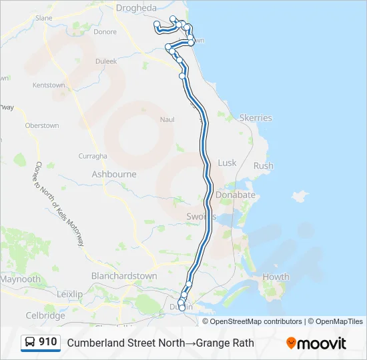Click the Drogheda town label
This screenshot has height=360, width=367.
[136, 8]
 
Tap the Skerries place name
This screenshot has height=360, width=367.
[256, 118]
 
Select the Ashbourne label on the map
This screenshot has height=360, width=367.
[113, 174]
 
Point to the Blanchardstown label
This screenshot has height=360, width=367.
[124, 276]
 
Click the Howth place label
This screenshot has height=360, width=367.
[276, 277]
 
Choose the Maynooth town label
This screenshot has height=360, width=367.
[20, 279]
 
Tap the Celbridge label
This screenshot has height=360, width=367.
[45, 315]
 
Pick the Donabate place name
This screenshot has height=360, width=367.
[235, 195]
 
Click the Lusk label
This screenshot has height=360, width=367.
[227, 163]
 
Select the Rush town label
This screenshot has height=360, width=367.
[264, 166]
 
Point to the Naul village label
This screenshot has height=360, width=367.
[167, 119]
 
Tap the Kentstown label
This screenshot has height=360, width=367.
[49, 85]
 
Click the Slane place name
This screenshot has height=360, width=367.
[44, 18]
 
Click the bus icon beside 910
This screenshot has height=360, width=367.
[31, 343]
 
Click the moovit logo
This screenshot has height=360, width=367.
[316, 343]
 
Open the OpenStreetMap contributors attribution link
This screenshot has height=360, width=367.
[256, 321]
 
